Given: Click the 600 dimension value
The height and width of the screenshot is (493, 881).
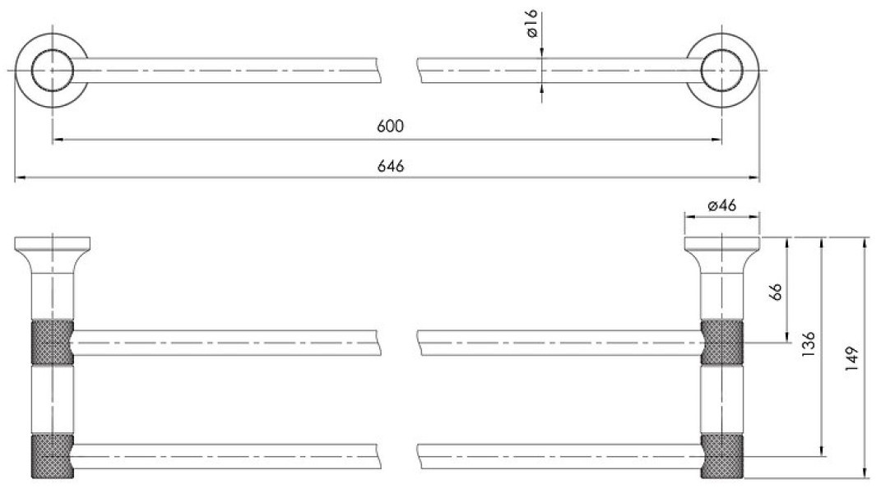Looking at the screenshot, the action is click(x=390, y=126).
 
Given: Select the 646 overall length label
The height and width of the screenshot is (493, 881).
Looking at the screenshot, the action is click(x=390, y=166).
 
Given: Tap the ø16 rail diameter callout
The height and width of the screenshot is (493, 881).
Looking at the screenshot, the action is click(x=531, y=24).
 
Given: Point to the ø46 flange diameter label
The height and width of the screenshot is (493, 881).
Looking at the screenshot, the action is click(x=722, y=205).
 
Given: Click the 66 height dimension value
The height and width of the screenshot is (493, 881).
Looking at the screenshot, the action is click(x=776, y=292).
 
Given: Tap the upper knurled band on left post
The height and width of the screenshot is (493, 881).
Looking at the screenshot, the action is click(x=52, y=343).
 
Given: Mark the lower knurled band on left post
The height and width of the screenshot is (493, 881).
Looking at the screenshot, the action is click(x=52, y=456).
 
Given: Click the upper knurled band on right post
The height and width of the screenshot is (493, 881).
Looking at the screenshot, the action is click(x=722, y=343).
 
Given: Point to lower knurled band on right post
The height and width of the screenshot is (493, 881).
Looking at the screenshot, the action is click(x=722, y=456).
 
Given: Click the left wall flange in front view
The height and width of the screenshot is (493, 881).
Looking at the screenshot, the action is click(x=53, y=243).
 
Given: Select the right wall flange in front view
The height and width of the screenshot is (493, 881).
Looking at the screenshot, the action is click(x=722, y=243).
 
